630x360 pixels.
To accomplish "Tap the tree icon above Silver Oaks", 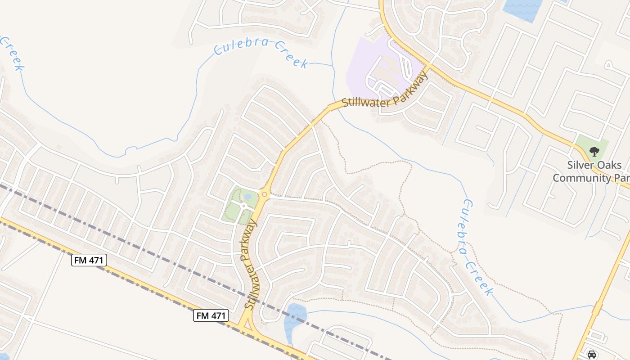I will [594, 151].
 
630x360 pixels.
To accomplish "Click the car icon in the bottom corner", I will [592, 354].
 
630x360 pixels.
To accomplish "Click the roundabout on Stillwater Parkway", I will [264, 194].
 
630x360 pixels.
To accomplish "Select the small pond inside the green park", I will [247, 196].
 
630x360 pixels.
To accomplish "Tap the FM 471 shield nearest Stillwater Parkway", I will [211, 315].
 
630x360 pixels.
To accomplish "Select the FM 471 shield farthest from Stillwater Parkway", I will [89, 260].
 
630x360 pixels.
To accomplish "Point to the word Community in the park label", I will [580, 178].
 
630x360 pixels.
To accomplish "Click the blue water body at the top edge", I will [522, 9].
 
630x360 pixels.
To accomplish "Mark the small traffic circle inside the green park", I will [243, 206].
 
